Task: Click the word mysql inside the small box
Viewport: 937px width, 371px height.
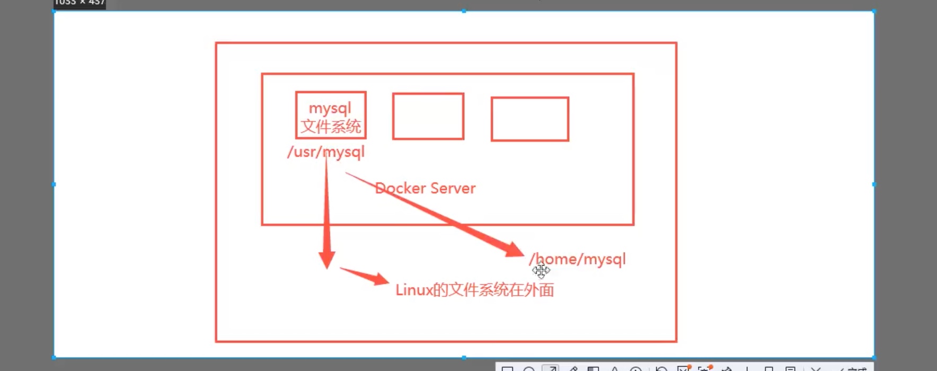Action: (330, 109)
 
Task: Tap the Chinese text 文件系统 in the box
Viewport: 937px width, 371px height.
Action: (331, 127)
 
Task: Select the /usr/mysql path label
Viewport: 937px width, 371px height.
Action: (325, 152)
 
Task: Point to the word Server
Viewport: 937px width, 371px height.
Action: (453, 188)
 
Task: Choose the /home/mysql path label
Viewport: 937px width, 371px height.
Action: (578, 259)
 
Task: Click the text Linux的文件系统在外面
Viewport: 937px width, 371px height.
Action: (474, 290)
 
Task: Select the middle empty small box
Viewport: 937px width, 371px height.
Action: (428, 117)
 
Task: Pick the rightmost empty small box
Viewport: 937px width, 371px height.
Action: (530, 119)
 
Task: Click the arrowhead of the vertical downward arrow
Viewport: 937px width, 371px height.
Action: (326, 259)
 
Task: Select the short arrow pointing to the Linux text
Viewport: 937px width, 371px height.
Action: (366, 276)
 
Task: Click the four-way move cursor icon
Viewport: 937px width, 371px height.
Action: (541, 271)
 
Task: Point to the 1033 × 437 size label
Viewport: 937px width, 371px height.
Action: (79, 3)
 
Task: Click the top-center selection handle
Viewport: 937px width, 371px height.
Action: (464, 11)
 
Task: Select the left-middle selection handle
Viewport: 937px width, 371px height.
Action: (54, 184)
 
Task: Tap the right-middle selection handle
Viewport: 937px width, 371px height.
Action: (874, 184)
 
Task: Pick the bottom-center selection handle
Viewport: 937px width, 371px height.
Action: (464, 358)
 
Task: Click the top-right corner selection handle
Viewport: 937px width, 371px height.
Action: (874, 11)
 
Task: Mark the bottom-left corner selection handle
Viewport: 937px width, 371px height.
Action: (54, 358)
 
